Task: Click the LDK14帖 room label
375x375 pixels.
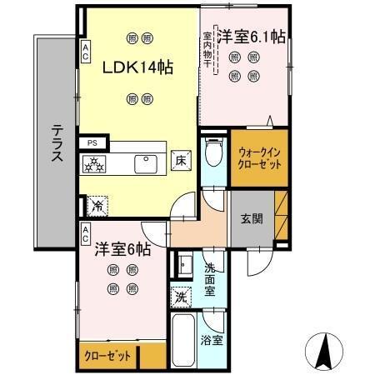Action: coord(137,67)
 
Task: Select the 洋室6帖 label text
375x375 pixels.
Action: coord(122,248)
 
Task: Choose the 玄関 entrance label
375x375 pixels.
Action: coord(252,220)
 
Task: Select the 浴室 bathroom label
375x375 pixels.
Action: coord(211,340)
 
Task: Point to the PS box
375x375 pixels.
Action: coord(92,143)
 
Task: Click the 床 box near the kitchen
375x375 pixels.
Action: coord(180,162)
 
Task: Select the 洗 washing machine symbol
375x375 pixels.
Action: coord(181,297)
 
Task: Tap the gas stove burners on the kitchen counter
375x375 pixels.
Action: coord(94,164)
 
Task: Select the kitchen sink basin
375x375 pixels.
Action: coord(147,162)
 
